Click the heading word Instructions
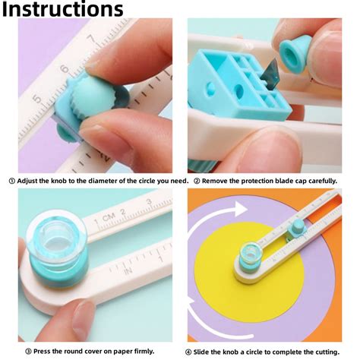(x=62, y=10)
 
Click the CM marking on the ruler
(x=111, y=219)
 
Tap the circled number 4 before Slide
(x=188, y=350)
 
